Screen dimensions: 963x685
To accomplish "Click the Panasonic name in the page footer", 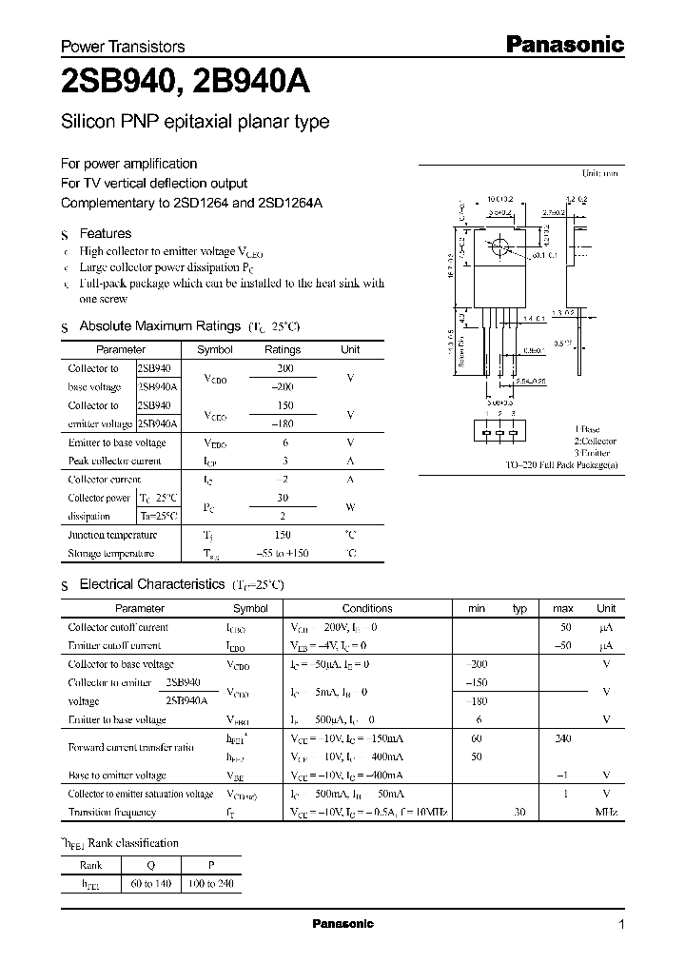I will click(343, 924).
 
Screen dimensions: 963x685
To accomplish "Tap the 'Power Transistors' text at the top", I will click(123, 46).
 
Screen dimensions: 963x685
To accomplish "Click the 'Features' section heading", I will click(105, 233).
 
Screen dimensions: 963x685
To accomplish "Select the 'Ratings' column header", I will click(283, 349).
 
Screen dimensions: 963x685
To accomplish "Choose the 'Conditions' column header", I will click(367, 608).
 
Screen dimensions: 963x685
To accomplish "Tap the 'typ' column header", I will click(519, 608).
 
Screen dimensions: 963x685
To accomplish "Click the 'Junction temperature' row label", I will click(112, 536).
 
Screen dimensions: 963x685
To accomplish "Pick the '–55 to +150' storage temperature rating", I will click(283, 553).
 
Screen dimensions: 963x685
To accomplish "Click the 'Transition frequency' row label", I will click(112, 812).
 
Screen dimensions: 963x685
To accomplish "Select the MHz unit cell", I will click(606, 812).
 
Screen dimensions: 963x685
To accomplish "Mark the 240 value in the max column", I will click(563, 737).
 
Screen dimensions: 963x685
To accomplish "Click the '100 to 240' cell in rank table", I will click(213, 884).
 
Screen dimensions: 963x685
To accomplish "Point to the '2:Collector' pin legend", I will click(595, 442).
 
